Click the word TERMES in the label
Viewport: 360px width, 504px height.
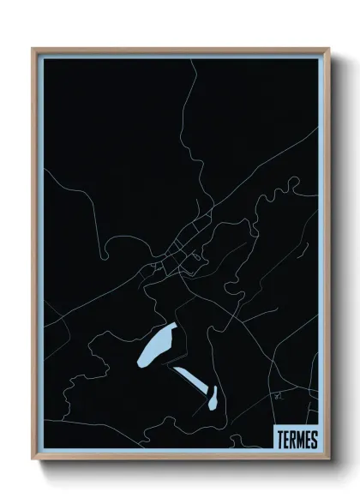click(297, 440)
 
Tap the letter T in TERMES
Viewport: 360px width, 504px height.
click(279, 440)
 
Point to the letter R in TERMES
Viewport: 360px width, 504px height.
click(292, 440)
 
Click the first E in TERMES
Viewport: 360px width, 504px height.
click(285, 440)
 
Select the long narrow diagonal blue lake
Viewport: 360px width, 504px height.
click(189, 378)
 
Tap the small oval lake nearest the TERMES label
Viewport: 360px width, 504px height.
click(212, 398)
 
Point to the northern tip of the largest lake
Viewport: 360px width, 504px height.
click(174, 325)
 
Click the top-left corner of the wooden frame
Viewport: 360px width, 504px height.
click(33, 49)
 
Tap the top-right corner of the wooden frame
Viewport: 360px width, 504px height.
click(328, 49)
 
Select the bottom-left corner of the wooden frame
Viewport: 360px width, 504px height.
click(33, 460)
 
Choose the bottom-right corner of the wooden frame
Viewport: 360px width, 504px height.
click(328, 460)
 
